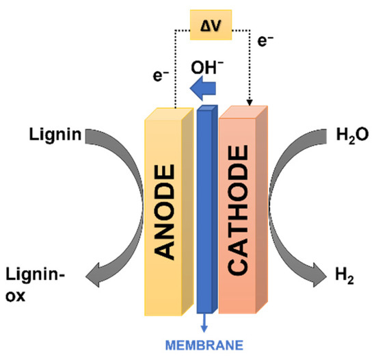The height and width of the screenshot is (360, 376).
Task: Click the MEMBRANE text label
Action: click(x=204, y=345)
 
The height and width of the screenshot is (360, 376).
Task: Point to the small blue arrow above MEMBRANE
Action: click(x=204, y=325)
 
